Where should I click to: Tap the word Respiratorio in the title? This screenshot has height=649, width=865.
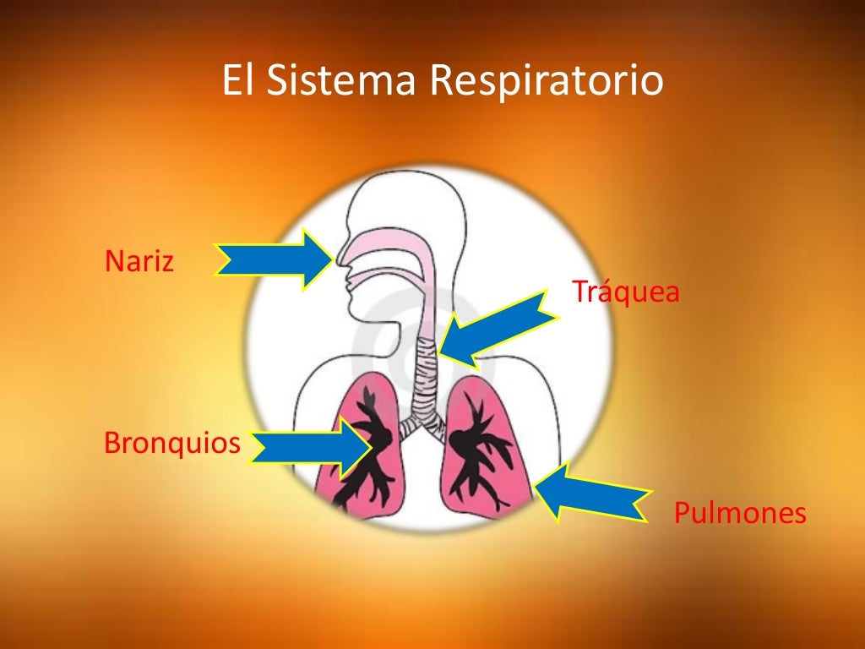(x=546, y=83)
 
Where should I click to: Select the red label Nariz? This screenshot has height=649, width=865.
(x=139, y=261)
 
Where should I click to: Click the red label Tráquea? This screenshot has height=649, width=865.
(x=625, y=292)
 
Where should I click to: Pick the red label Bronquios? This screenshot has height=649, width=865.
(x=172, y=443)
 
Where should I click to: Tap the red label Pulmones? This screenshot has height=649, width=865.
(x=740, y=513)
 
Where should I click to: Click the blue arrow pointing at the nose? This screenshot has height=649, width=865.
(x=275, y=259)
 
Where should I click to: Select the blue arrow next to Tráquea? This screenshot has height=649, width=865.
(x=498, y=329)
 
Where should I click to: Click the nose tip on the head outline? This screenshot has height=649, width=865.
(x=337, y=258)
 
